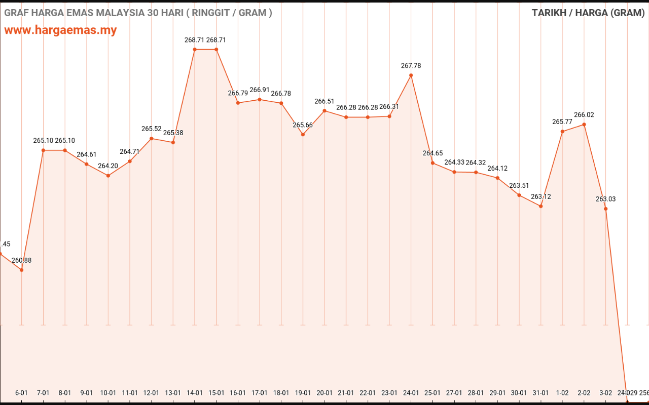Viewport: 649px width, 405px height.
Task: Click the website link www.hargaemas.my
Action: [x=60, y=30]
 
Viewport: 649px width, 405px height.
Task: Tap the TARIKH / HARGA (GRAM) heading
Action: [x=588, y=13]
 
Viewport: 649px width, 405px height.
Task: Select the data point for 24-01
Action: [x=411, y=75]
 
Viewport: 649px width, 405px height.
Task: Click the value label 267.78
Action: [x=411, y=66]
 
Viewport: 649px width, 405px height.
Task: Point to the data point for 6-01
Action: [x=21, y=270]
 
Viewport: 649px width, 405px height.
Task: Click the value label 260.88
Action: [x=21, y=260]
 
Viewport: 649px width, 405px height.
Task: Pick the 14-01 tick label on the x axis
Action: [x=195, y=393]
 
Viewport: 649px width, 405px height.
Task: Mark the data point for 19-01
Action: [x=303, y=135]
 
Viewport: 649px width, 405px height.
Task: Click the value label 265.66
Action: [x=303, y=125]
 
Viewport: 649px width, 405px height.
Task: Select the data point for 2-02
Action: [x=584, y=125]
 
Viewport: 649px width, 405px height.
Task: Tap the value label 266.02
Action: [x=584, y=115]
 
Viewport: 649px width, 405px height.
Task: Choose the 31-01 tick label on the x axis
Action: [x=540, y=393]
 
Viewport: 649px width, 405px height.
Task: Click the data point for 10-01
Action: [x=108, y=176]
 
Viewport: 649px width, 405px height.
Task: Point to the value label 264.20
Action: [x=108, y=166]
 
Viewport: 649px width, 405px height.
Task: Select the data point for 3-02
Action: [x=605, y=209]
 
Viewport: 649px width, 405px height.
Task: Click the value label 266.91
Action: [x=260, y=90]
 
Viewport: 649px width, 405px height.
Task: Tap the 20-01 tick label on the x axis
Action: [x=324, y=393]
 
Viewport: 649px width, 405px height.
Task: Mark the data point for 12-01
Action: [x=152, y=138]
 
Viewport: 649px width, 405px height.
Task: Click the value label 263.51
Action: [x=519, y=186]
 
